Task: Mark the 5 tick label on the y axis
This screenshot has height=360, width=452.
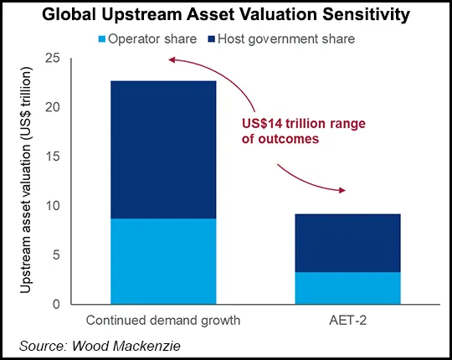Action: [x=57, y=255]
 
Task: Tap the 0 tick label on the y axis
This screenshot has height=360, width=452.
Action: [x=57, y=305]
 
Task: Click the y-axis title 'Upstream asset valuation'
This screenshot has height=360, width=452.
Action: [x=27, y=180]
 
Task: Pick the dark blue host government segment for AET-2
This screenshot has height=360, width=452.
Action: [x=343, y=243]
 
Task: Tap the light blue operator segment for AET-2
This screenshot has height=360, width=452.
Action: [x=343, y=288]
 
